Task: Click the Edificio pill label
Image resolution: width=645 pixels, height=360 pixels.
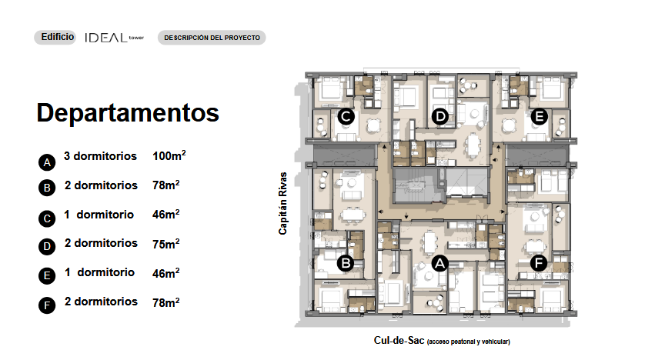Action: coord(55,37)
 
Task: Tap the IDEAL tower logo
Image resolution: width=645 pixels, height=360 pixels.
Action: coord(115,38)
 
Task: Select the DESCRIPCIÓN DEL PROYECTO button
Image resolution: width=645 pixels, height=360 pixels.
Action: coord(212,38)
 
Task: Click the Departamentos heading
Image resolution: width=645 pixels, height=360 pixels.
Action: coord(128,112)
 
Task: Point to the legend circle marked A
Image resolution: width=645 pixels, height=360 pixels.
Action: coord(47,162)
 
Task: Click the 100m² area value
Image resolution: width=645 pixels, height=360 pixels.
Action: coord(169,155)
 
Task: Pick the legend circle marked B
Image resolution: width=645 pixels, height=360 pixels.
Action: coord(47,188)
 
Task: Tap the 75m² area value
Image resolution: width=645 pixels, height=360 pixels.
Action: coord(165,244)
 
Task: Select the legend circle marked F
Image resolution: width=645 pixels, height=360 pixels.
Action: coord(47,305)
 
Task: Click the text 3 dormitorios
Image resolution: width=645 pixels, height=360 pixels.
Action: coord(100,156)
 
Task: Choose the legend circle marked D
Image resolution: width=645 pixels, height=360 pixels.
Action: coord(47,247)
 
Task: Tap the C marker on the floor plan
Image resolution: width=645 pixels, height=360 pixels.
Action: coord(346,117)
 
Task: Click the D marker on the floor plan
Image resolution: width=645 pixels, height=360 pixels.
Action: coord(440,117)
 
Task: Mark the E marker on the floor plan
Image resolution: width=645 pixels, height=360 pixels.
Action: coord(539,117)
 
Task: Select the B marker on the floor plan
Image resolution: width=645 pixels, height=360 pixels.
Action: coord(346,263)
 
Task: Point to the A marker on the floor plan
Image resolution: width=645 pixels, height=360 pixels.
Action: coord(439,263)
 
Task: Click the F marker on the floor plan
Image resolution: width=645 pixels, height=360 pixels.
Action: coord(539,262)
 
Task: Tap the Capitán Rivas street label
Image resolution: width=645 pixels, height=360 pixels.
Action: coord(282,203)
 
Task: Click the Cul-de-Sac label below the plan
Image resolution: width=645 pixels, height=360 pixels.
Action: coord(442,341)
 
